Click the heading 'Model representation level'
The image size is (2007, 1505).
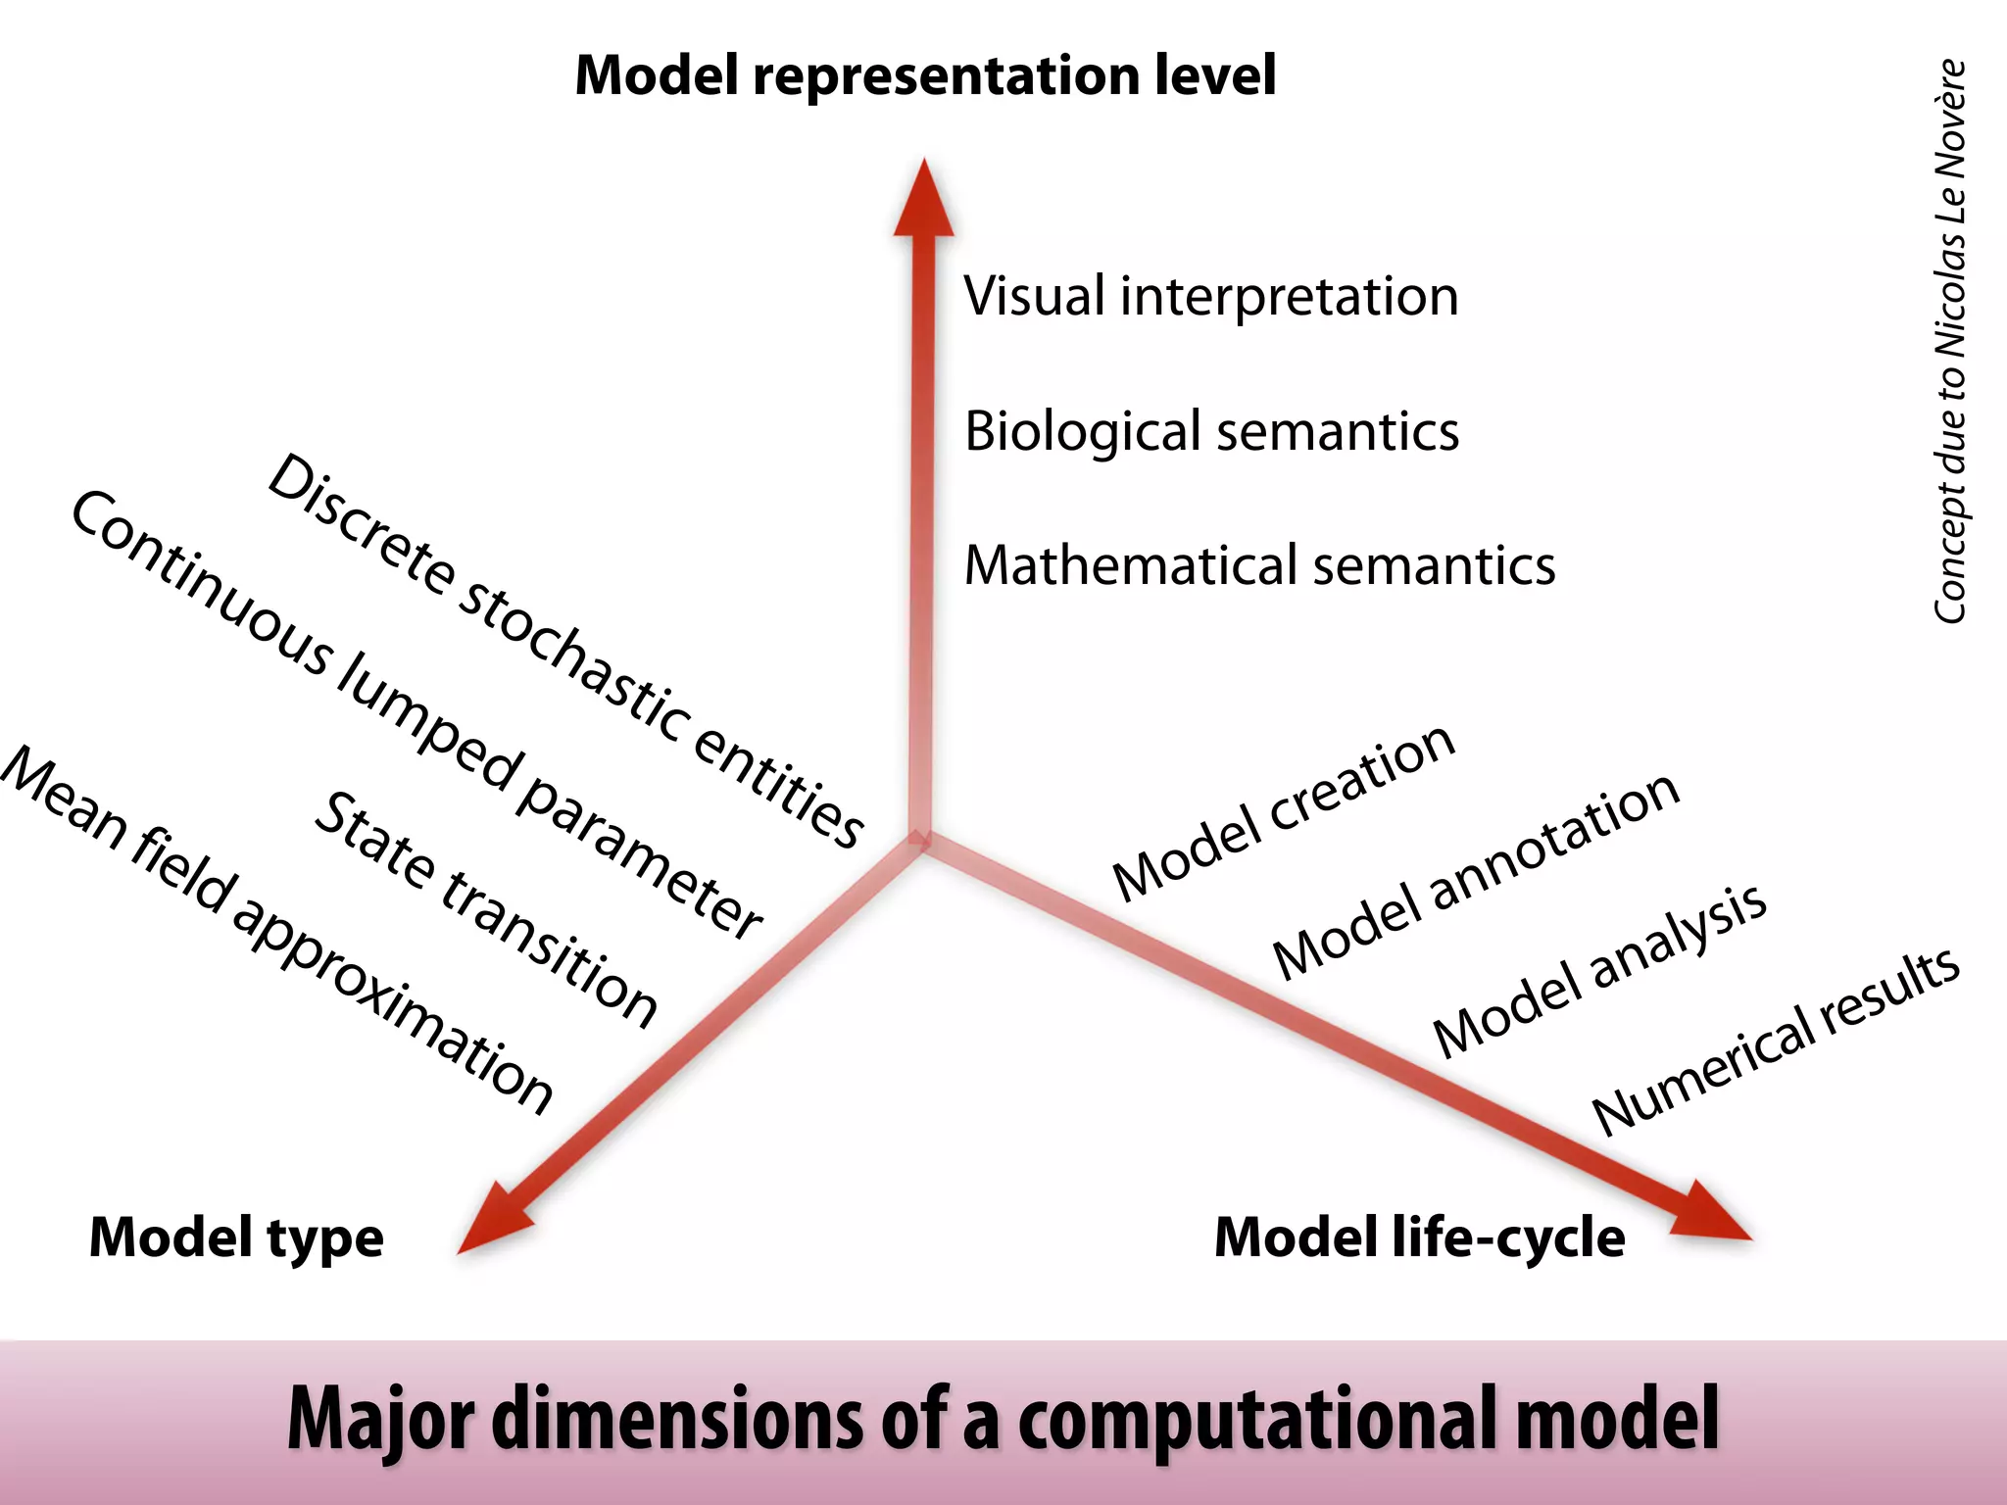tap(925, 76)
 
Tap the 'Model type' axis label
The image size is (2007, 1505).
tap(236, 1238)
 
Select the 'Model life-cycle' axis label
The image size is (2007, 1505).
tap(1419, 1238)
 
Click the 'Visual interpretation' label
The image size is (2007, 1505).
tap(1211, 296)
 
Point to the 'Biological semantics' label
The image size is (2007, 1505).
tap(1211, 431)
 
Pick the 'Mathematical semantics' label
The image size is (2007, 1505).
tap(1259, 565)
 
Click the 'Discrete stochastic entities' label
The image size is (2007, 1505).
tap(565, 652)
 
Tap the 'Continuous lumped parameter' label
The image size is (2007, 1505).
tap(416, 715)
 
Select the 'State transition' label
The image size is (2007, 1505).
tap(486, 909)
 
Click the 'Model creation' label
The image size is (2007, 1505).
tap(1284, 812)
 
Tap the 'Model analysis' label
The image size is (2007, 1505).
tap(1600, 969)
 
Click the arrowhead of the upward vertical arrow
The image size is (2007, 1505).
tap(923, 201)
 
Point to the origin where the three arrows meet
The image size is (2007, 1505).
tap(920, 841)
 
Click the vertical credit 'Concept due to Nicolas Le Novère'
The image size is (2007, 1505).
tap(1950, 341)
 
